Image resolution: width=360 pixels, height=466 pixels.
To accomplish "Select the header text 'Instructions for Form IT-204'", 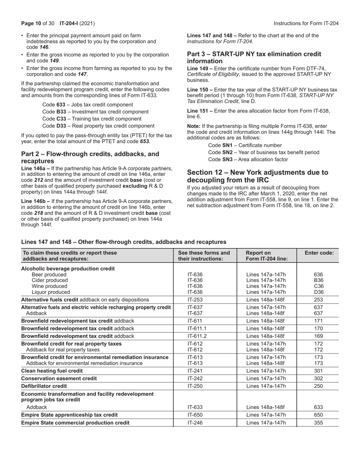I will tap(306, 23).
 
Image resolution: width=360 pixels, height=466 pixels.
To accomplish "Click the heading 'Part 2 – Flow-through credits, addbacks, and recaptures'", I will tap(90, 157).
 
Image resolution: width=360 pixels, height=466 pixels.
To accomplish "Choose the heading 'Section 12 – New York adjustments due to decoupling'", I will tap(258, 176).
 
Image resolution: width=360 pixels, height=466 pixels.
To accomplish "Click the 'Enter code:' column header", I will tap(319, 253).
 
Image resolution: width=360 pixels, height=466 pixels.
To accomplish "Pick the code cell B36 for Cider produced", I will tap(319, 280).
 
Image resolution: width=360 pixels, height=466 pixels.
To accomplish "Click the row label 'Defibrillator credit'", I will tap(44, 386).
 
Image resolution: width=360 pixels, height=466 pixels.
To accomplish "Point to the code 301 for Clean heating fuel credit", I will tap(319, 371).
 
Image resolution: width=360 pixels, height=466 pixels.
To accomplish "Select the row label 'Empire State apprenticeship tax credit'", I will tap(69, 415).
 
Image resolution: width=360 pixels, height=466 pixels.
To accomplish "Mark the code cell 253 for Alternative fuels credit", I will tap(319, 300).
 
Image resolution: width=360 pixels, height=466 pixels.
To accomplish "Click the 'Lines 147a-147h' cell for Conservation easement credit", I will tap(266, 378).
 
